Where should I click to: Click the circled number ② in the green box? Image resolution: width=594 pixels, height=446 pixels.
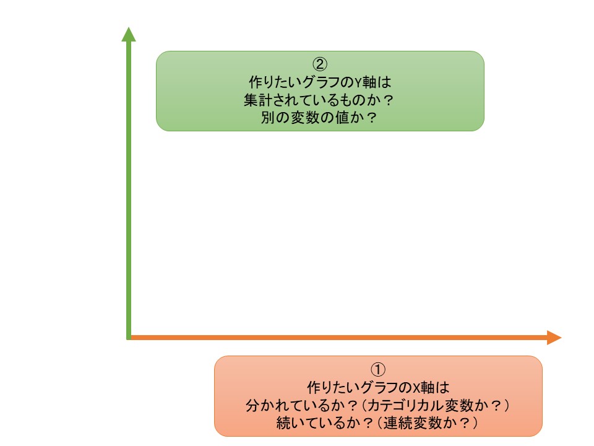(x=319, y=64)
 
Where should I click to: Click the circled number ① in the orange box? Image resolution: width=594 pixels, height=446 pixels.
(x=377, y=369)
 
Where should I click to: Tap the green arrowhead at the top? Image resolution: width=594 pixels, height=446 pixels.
(x=128, y=34)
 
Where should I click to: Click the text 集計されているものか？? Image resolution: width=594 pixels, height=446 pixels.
(x=319, y=100)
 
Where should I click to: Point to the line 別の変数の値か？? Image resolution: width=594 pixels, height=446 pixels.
(x=319, y=118)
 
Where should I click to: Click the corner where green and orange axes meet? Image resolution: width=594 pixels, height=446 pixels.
(x=128, y=338)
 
